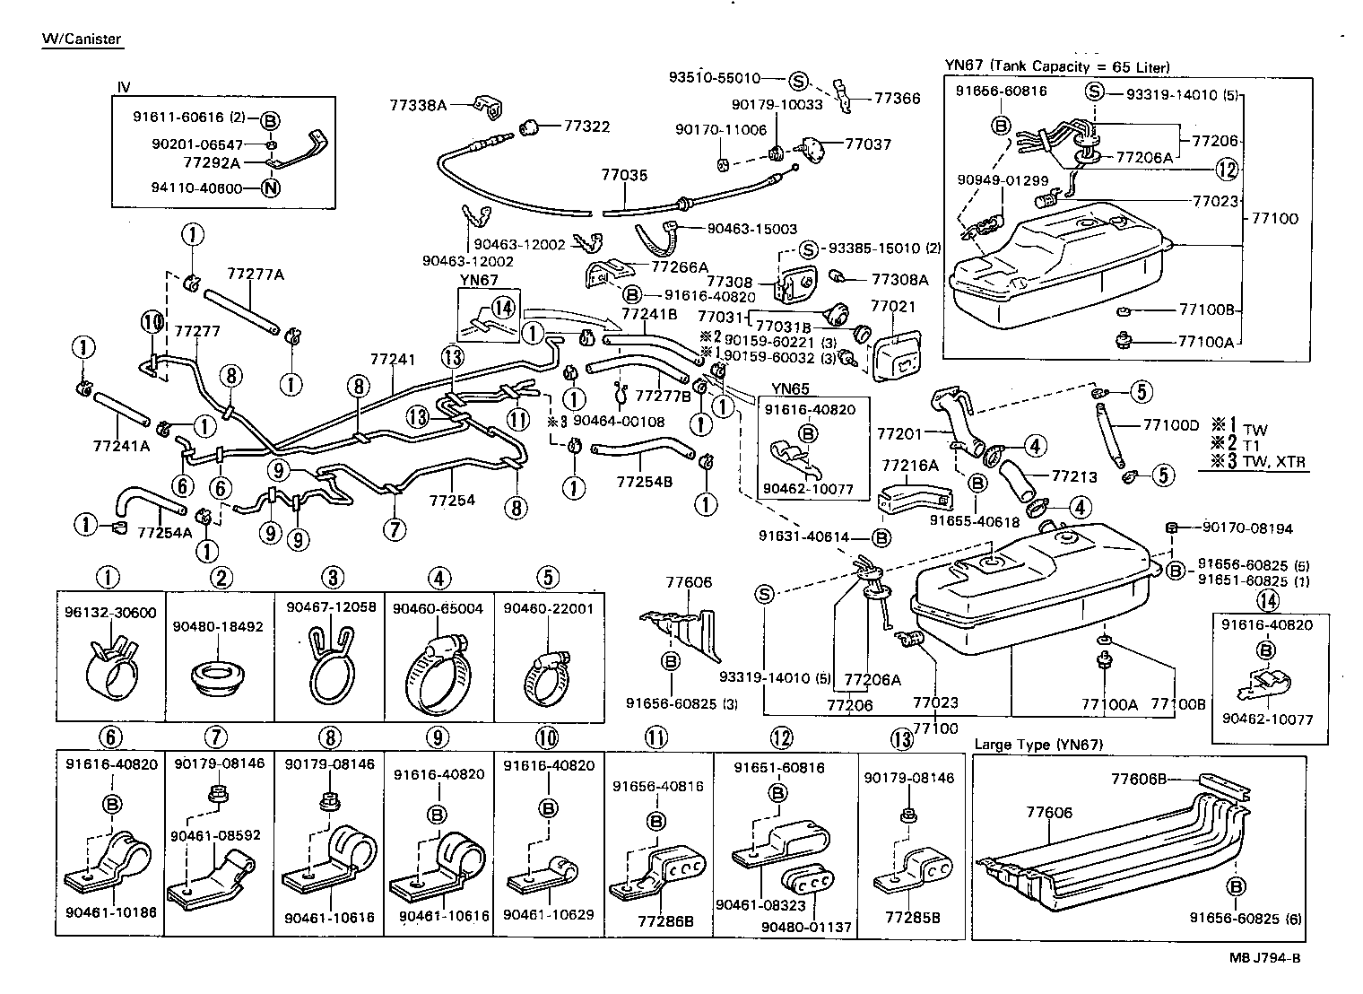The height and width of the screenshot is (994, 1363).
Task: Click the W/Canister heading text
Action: coord(81,39)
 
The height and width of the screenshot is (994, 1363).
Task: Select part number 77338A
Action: coord(417,105)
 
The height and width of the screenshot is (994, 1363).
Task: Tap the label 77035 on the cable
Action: coord(624,177)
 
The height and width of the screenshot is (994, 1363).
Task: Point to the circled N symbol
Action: coord(270,187)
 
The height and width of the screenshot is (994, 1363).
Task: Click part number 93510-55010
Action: coord(714,78)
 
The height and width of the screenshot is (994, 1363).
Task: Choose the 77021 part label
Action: coord(894,307)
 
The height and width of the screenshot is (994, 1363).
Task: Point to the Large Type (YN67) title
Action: coord(1037,745)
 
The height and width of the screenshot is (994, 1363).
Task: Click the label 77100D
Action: coord(1170,424)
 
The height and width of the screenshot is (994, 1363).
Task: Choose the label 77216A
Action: coord(910,466)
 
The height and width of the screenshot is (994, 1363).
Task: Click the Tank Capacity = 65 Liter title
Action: coord(1058,67)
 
